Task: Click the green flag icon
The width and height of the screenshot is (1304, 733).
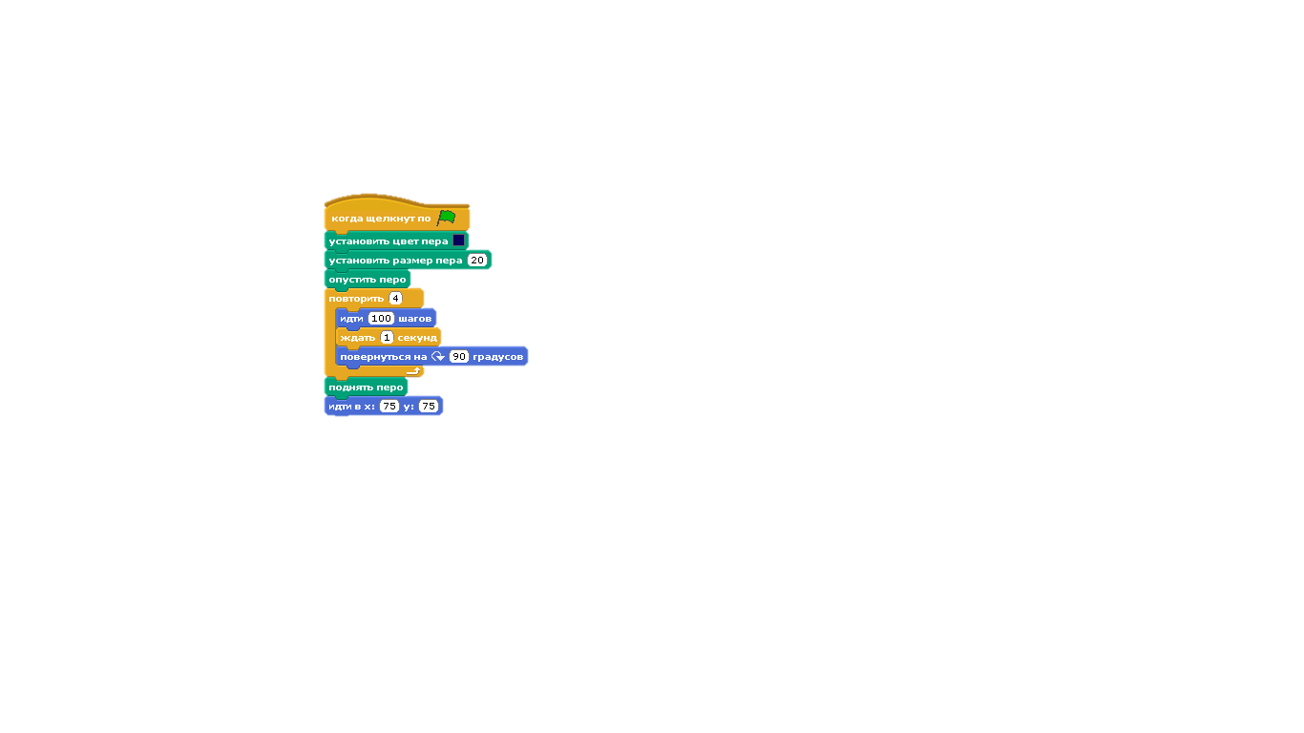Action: pos(446,218)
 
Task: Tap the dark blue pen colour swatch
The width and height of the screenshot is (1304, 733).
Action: pos(459,241)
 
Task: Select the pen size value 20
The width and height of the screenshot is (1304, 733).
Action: pos(477,260)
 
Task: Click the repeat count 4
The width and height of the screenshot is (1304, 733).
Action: pos(395,298)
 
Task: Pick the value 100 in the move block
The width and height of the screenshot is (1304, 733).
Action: pos(381,318)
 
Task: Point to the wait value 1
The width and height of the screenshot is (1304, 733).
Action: pos(387,337)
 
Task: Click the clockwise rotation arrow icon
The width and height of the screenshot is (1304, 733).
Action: pos(438,356)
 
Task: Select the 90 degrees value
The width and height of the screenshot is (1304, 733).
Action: pos(459,356)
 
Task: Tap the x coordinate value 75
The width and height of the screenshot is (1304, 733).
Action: pos(389,406)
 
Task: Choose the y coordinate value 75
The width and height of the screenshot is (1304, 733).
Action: pos(429,406)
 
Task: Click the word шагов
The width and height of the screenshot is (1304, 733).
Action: pos(415,318)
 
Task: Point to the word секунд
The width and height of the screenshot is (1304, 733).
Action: pos(417,337)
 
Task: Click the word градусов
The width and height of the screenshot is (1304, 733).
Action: pos(497,356)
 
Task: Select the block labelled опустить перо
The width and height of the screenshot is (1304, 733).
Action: pos(368,279)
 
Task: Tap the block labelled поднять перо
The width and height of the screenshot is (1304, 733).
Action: pos(366,387)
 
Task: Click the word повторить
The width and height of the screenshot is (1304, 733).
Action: pos(356,298)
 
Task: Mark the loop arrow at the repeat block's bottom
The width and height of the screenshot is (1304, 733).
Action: pos(413,370)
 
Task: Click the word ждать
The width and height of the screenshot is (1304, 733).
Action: pos(358,337)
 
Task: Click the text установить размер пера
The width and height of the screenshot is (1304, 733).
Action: pos(395,260)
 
